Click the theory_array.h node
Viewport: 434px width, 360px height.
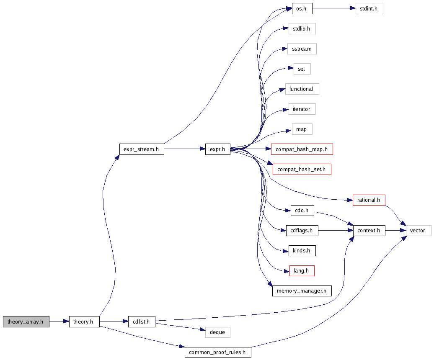(26, 321)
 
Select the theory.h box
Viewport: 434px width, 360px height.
(84, 321)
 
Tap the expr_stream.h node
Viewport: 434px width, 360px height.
(141, 149)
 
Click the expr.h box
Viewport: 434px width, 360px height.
(217, 149)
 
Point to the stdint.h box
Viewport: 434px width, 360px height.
(369, 8)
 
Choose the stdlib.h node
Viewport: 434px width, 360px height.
(302, 28)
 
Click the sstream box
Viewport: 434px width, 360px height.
(302, 49)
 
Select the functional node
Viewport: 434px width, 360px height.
(302, 89)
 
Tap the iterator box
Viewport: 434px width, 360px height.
(302, 109)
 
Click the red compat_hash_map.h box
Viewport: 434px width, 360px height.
(302, 149)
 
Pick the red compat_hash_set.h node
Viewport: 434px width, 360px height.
(302, 169)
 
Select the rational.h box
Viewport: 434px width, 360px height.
(369, 200)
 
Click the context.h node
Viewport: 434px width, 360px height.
(369, 230)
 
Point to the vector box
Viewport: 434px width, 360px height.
(417, 230)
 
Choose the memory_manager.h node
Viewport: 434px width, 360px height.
(302, 291)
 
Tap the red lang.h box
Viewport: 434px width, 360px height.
(302, 270)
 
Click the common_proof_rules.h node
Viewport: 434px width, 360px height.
(217, 352)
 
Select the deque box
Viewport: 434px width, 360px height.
(217, 332)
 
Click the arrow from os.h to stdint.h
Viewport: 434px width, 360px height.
(333, 8)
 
